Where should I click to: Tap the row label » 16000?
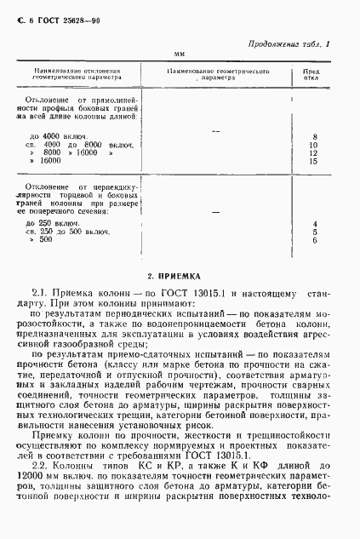pyautogui.click(x=48, y=160)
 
